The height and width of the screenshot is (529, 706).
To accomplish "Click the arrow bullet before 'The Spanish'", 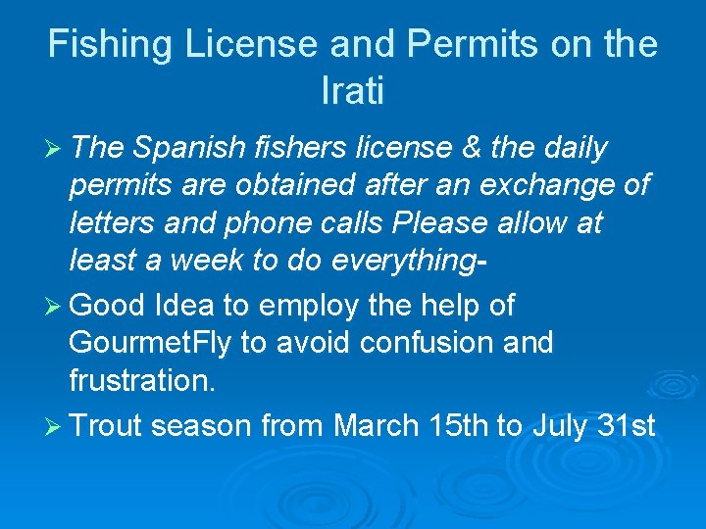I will coord(54,149).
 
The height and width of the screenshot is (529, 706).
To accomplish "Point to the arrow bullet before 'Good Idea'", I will coord(54,307).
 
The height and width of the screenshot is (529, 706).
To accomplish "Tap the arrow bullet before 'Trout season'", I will coord(54,427).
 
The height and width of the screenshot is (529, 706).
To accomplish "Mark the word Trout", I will coord(107,427).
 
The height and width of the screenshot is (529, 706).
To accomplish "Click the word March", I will coord(377,427).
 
